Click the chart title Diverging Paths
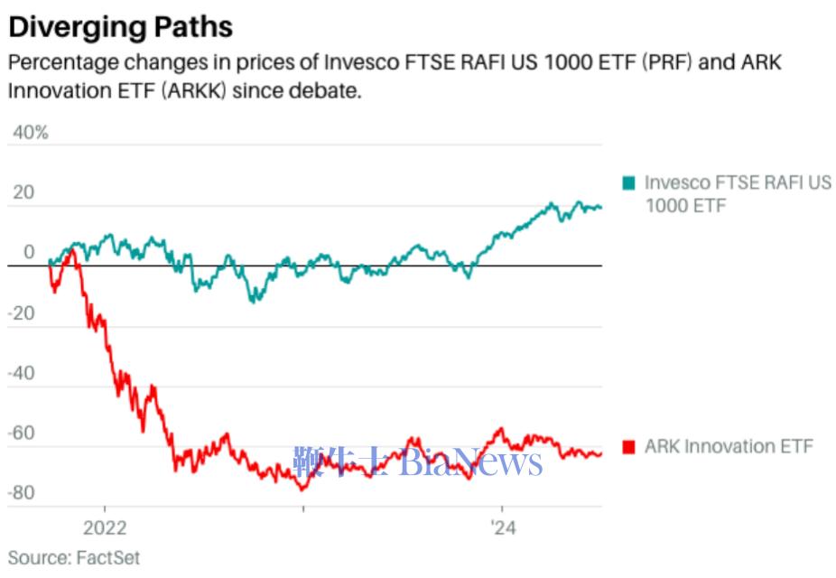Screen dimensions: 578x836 120,26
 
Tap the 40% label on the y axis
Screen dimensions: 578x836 29,133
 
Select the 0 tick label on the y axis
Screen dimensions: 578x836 29,253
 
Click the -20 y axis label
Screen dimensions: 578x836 25,313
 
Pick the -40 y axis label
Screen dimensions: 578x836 25,373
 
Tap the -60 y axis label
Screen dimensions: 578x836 25,433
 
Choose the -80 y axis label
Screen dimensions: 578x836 25,493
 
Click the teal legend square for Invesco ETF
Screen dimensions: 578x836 629,183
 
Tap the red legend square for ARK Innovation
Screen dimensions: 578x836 629,447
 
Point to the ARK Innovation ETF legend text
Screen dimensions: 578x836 729,446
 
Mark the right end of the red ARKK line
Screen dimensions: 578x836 601,453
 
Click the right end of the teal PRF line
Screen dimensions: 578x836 601,208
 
